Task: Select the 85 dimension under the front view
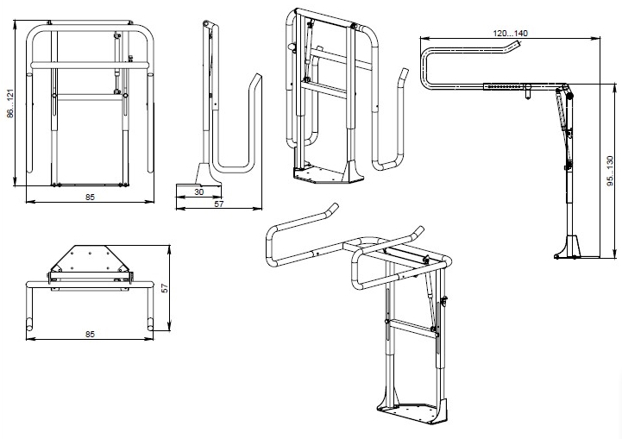tap(90, 198)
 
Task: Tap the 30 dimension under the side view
tap(198, 191)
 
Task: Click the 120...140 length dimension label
tap(510, 32)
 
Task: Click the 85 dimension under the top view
tap(90, 332)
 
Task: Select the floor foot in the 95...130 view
tap(569, 247)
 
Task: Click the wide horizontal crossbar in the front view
tap(90, 64)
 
